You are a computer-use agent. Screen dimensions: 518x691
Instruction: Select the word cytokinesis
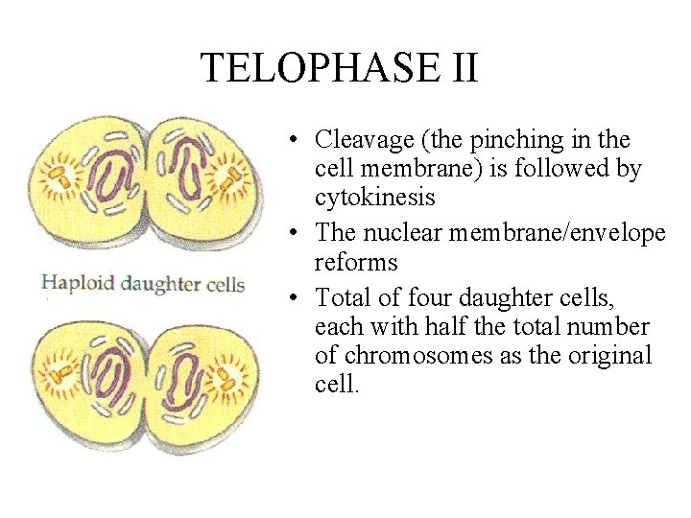pyautogui.click(x=374, y=198)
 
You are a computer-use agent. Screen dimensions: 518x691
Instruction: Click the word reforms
pyautogui.click(x=356, y=262)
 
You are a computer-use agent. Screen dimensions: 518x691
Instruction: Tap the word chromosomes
pyautogui.click(x=414, y=355)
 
